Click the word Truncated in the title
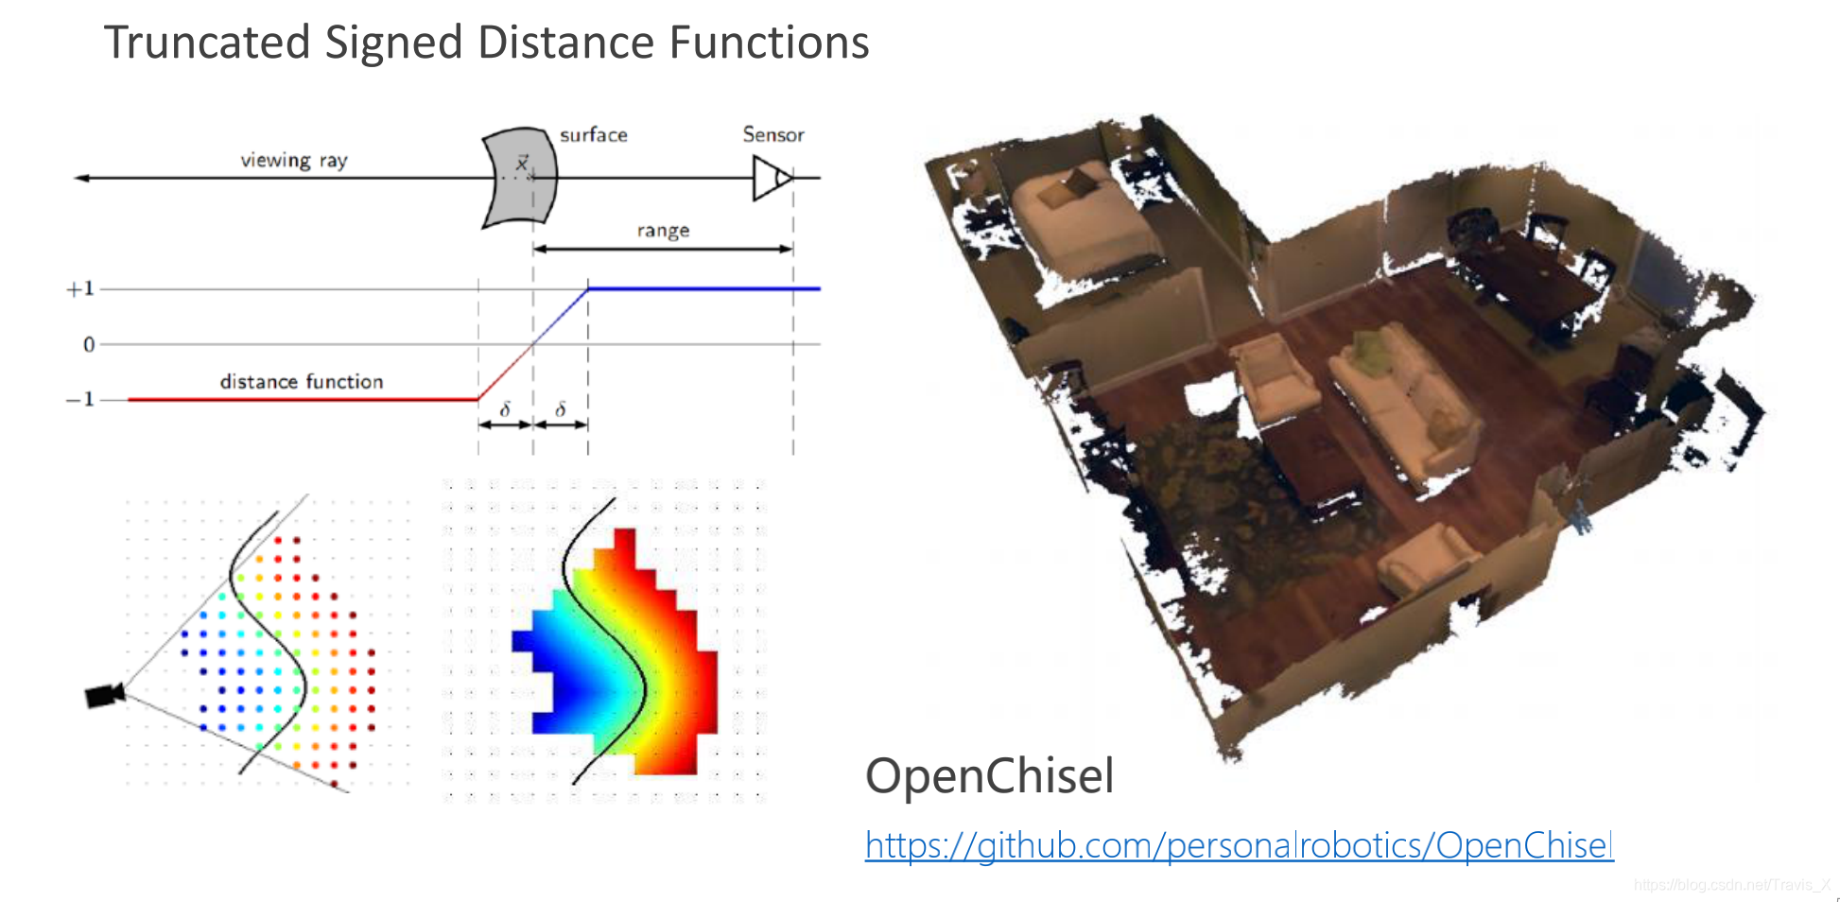click(x=207, y=43)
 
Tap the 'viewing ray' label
click(x=293, y=160)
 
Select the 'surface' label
click(x=593, y=135)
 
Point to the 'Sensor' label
click(x=772, y=134)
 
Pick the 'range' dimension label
click(x=662, y=231)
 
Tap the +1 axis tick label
click(x=79, y=288)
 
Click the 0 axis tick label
click(x=89, y=344)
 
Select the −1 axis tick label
click(x=79, y=399)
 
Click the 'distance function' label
click(x=301, y=382)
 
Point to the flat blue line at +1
click(x=703, y=288)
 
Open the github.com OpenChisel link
click(x=1239, y=845)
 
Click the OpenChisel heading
click(x=989, y=776)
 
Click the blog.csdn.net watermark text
click(x=1731, y=885)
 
